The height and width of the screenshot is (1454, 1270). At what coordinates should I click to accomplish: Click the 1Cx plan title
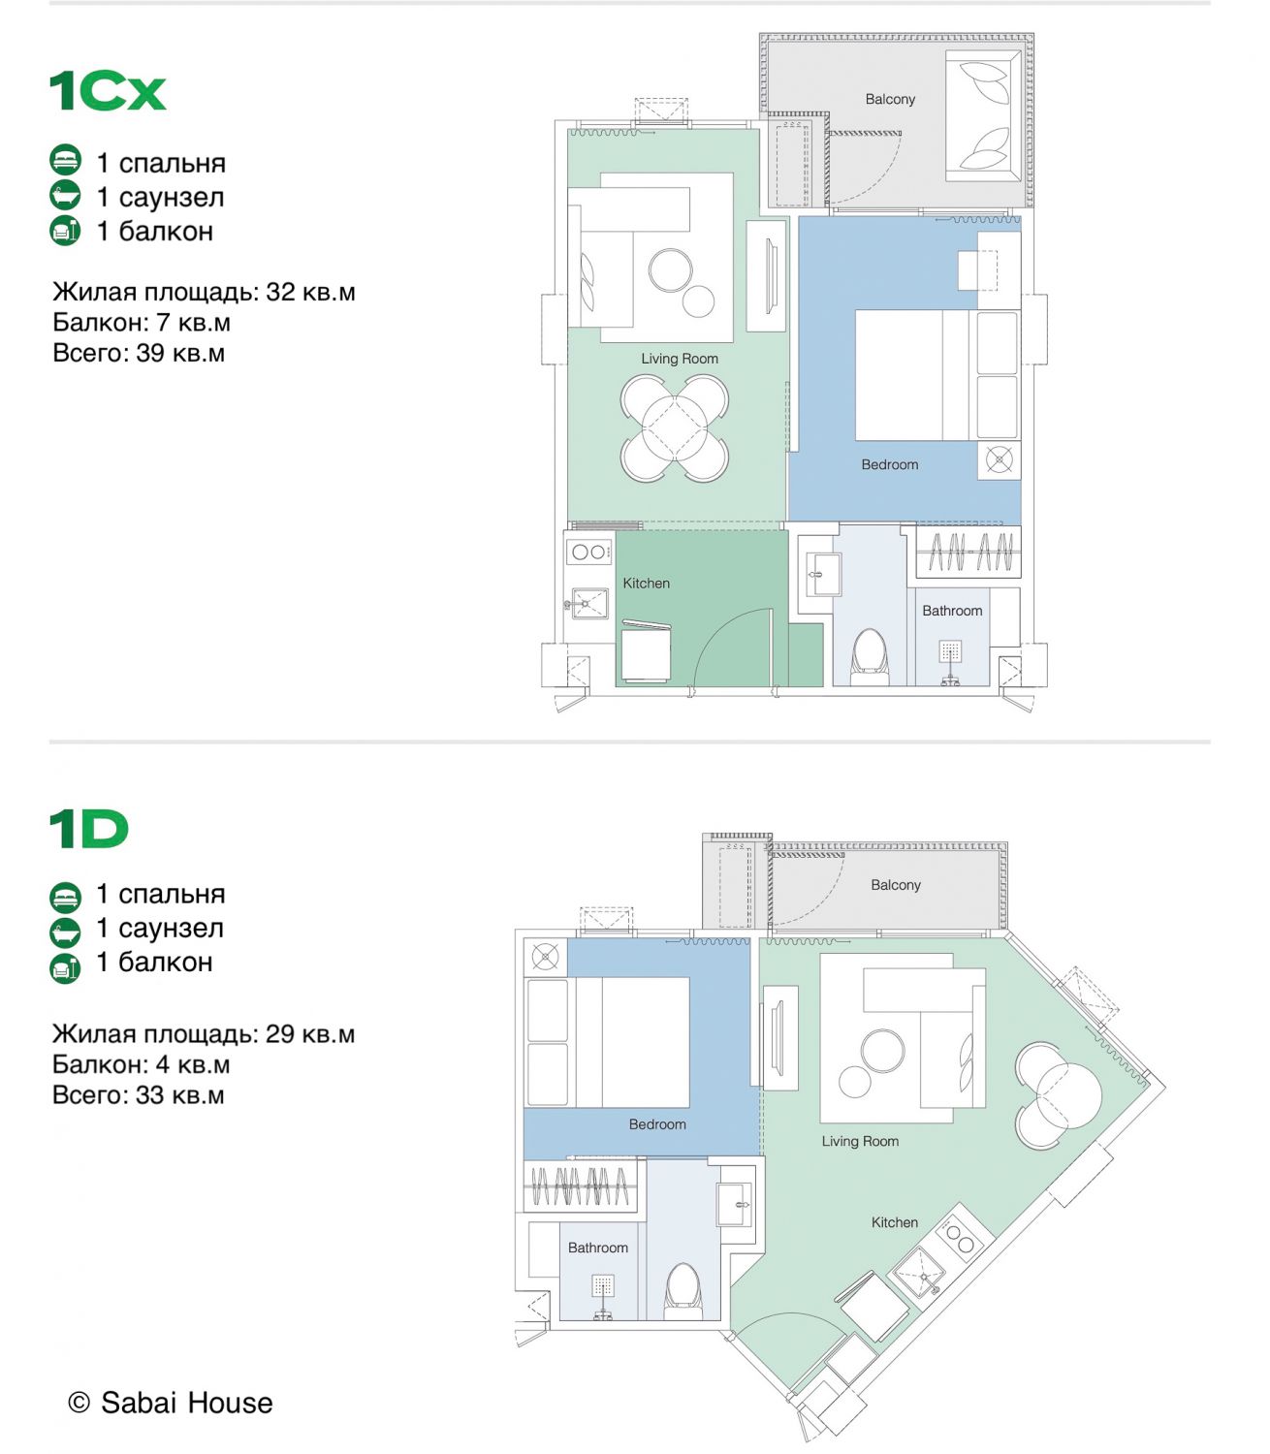tap(108, 91)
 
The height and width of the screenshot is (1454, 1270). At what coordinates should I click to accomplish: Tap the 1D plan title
tap(89, 829)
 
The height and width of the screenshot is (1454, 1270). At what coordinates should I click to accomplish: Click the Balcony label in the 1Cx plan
tap(890, 99)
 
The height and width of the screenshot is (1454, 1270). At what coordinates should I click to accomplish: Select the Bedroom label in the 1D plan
tap(657, 1124)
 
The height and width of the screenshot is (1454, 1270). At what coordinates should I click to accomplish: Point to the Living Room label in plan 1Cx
tap(680, 359)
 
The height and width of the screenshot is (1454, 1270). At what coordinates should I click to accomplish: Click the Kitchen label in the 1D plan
tap(895, 1222)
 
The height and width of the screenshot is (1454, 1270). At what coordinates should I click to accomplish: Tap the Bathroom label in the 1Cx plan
tap(952, 611)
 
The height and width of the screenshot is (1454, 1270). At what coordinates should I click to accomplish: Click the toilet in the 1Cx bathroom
tap(870, 656)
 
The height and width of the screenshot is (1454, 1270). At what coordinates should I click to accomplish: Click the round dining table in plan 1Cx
tap(675, 427)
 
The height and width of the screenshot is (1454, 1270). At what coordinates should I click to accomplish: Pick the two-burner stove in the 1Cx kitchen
tap(588, 552)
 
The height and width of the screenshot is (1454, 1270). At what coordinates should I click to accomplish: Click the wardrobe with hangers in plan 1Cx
tap(968, 552)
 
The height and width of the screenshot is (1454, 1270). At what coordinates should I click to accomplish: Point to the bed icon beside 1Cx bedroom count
tap(65, 160)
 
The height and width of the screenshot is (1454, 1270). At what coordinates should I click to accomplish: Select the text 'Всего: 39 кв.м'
tap(139, 353)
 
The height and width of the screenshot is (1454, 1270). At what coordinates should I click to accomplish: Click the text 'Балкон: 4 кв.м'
tap(141, 1064)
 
